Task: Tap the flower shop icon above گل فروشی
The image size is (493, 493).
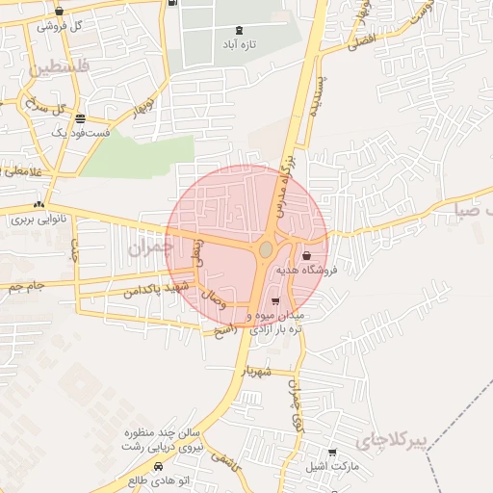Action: coord(60,12)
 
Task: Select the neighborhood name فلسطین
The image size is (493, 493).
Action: coord(57,68)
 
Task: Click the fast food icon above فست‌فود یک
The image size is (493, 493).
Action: coord(79,119)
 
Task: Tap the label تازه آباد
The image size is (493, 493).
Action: coord(238,45)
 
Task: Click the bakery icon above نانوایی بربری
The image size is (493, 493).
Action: coord(39,204)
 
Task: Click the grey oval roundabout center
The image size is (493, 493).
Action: coord(266,250)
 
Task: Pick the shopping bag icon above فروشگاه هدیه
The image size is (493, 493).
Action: coord(307,256)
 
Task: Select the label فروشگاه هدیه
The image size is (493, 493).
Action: coord(307,271)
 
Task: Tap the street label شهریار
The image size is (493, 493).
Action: coord(255,372)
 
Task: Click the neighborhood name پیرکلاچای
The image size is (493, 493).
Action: coord(389,441)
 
